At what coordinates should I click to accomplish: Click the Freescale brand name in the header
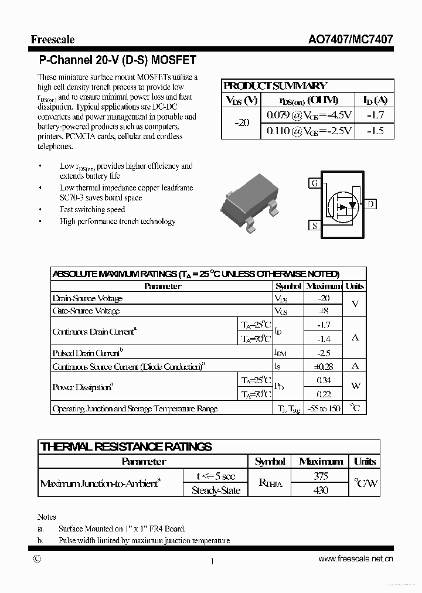tap(53, 40)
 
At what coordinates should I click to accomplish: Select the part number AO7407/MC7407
tap(350, 40)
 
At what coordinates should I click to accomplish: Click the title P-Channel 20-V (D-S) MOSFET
tap(117, 60)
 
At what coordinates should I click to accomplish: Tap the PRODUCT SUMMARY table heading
tap(275, 86)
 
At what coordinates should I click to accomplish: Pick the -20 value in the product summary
tap(241, 122)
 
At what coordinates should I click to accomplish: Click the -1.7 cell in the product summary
tap(375, 115)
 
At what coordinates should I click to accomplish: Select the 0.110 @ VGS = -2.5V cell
tap(309, 131)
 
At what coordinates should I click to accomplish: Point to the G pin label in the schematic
tap(315, 183)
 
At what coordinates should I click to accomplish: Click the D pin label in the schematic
tap(371, 204)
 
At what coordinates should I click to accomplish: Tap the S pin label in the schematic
tap(315, 225)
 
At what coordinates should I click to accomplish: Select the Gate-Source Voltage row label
tap(86, 311)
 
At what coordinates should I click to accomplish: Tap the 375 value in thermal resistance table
tap(321, 476)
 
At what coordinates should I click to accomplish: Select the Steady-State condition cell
tap(216, 490)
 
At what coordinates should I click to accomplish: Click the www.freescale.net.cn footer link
tap(355, 559)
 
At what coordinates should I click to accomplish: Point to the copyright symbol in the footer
tap(38, 559)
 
